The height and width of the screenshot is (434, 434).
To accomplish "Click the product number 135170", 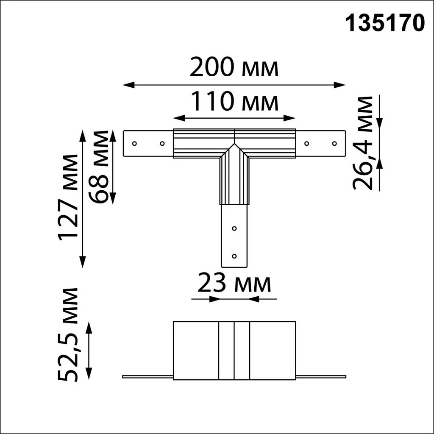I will click(x=385, y=24).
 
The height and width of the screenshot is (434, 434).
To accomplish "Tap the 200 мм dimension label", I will click(x=234, y=68).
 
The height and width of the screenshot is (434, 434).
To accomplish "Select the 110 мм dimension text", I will click(x=234, y=102).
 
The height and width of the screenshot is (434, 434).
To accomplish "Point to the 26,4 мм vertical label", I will click(x=364, y=142).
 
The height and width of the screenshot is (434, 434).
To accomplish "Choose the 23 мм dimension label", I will click(x=234, y=284).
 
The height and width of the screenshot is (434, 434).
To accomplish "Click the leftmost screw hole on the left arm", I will click(x=134, y=143).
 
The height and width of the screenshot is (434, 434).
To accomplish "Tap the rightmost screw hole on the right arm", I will click(x=334, y=143).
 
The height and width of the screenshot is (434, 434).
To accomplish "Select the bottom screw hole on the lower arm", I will click(x=234, y=256).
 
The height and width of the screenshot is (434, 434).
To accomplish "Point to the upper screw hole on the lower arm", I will click(x=234, y=228).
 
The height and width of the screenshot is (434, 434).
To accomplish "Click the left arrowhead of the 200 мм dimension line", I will click(x=126, y=85).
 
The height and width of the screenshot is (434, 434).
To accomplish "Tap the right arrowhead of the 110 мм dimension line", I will click(x=292, y=117).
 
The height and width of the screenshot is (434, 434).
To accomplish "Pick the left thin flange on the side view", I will click(x=147, y=376).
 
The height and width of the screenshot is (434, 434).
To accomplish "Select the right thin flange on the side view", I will click(x=321, y=376).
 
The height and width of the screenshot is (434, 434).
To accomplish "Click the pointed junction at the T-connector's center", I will click(x=234, y=145).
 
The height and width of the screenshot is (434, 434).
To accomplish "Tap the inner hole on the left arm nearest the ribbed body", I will click(x=162, y=143).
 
